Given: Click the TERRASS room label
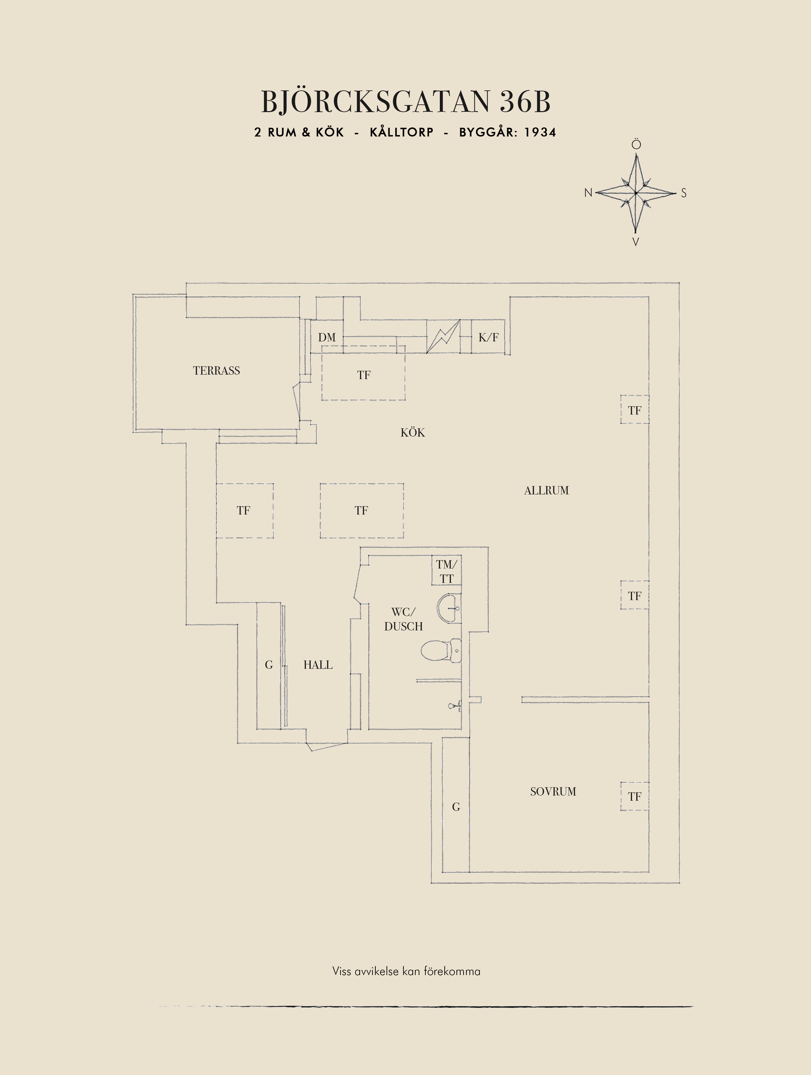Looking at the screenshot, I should click(216, 371).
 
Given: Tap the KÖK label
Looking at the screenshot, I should click(413, 432).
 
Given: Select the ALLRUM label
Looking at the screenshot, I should click(546, 490).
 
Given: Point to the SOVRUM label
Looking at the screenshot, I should click(553, 792).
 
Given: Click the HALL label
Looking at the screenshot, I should click(318, 665).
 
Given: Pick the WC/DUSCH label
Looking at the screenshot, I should click(403, 619).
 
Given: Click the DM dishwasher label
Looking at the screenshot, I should click(326, 337).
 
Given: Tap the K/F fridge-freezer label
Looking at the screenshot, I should click(488, 337).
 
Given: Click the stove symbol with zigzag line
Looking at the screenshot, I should click(443, 336).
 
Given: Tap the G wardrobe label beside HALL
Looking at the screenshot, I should click(269, 665).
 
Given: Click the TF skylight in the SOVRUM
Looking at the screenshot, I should click(634, 797).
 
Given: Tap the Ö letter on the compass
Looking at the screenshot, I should click(636, 144).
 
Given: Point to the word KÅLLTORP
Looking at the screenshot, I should click(402, 132).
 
